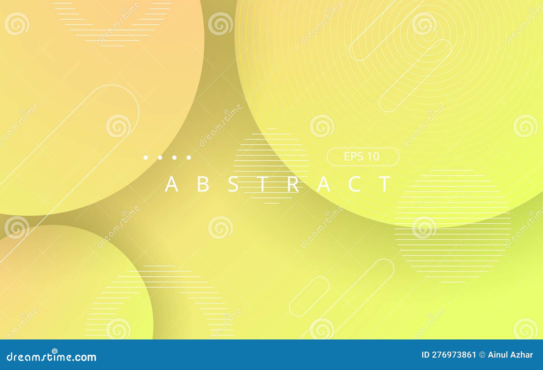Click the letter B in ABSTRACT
click(203, 184)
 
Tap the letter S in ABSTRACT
click(233, 184)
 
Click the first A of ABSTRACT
click(171, 184)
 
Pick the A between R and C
click(324, 184)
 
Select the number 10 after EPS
click(373, 156)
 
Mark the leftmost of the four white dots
click(146, 158)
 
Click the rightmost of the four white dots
click(189, 158)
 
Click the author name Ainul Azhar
click(510, 355)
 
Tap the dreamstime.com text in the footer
click(52, 357)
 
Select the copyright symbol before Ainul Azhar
click(482, 355)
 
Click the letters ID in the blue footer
click(426, 355)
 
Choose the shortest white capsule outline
click(309, 296)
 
